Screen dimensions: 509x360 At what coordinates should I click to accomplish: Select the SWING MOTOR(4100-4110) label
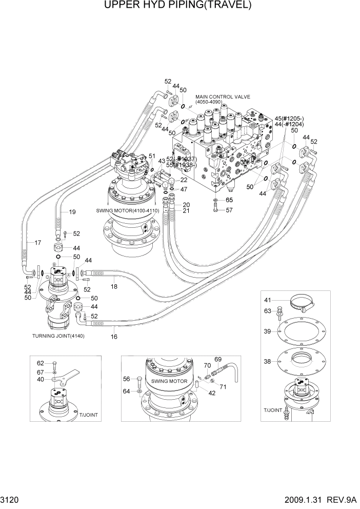[127, 211]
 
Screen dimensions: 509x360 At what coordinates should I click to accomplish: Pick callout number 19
[72, 211]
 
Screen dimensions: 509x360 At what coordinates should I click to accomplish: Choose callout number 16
[114, 337]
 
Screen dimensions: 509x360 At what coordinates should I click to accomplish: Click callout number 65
[229, 200]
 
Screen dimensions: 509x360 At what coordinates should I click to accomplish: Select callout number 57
[229, 210]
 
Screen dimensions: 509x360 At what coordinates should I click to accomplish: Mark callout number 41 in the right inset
[267, 300]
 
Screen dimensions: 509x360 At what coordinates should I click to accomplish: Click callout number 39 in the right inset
[267, 331]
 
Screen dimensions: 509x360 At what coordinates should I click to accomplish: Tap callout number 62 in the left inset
[41, 363]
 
